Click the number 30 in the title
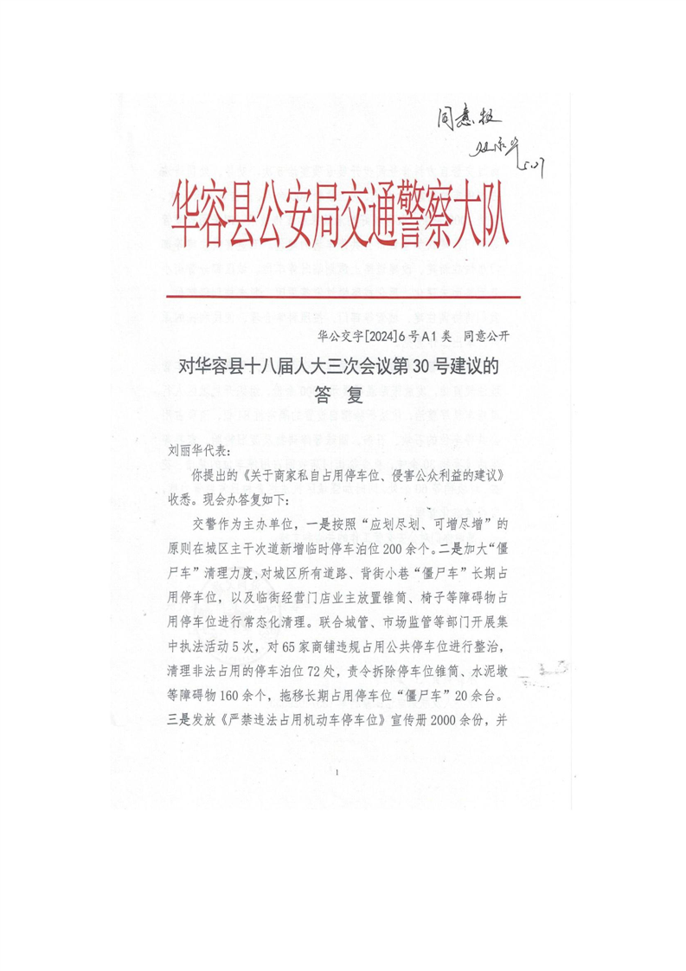[417, 366]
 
